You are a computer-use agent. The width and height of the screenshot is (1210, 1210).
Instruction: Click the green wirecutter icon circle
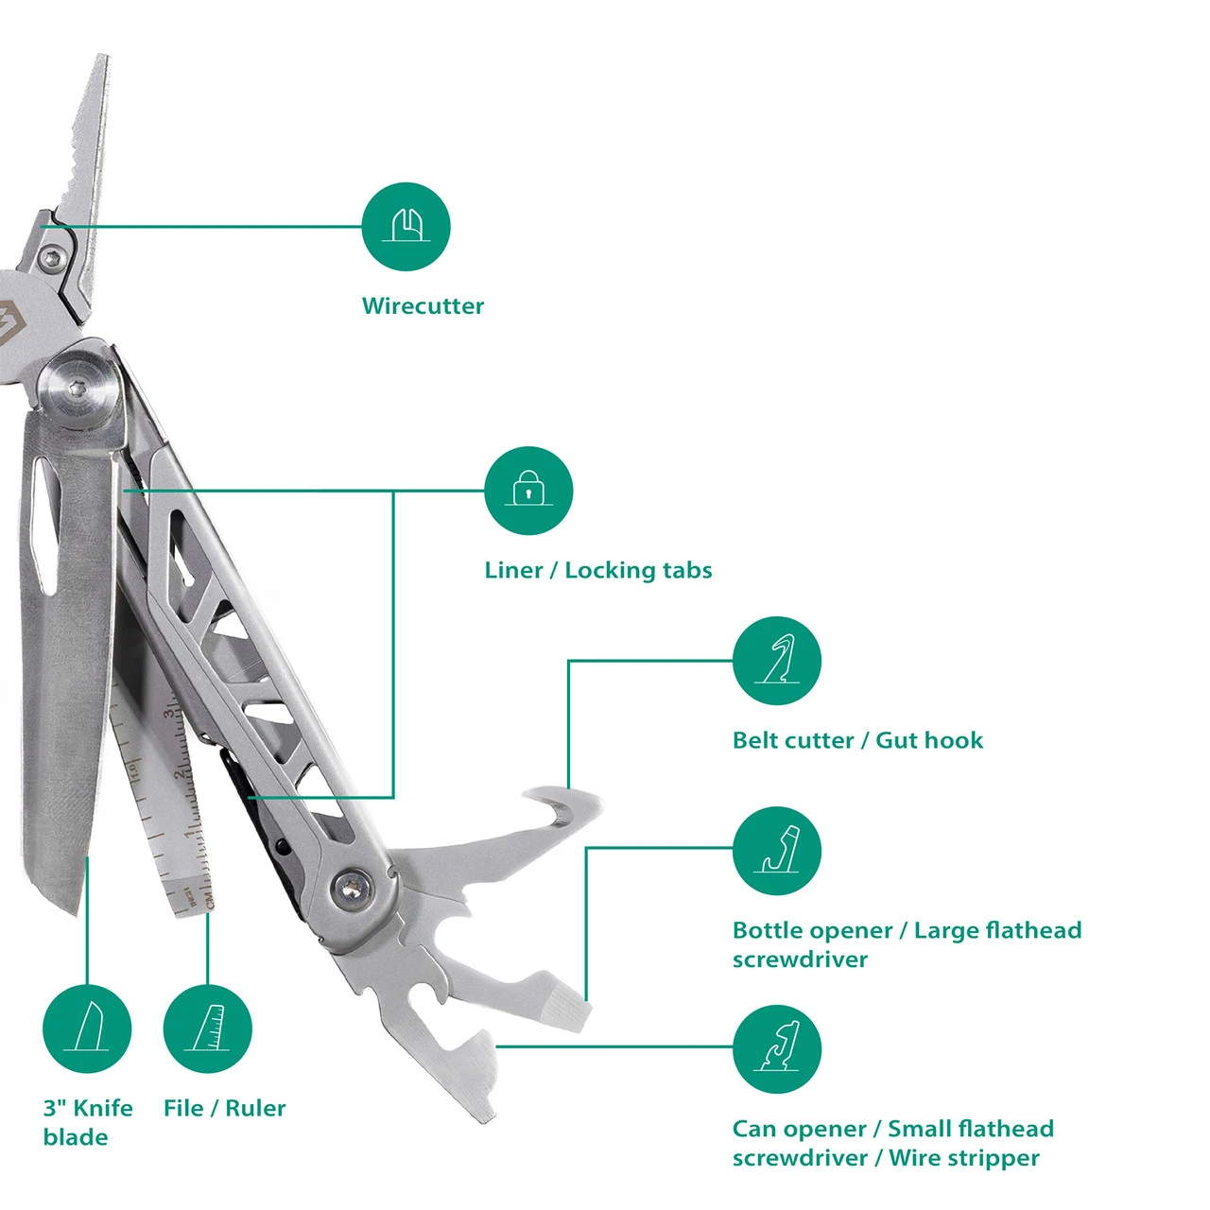406,227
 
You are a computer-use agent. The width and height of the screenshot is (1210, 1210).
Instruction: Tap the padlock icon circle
528,491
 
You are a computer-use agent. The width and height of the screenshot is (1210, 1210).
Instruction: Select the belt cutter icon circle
777,661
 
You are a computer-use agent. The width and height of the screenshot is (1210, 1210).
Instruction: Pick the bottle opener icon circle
777,851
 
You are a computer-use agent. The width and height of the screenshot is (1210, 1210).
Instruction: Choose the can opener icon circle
777,1049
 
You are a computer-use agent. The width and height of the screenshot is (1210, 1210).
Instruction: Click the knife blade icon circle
87,1029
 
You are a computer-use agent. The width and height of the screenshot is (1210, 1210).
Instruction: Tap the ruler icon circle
207,1029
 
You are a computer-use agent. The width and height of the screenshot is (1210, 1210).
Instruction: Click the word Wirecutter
423,306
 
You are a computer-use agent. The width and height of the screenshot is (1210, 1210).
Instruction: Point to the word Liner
513,570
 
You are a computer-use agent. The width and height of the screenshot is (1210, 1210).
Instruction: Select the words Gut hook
928,740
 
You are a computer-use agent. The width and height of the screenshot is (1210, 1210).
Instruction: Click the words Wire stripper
964,1159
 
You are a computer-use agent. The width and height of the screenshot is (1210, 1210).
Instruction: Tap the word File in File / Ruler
182,1108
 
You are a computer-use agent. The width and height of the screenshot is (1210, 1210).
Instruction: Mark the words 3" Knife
88,1108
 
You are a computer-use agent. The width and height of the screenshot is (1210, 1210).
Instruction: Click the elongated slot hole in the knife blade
45,527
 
